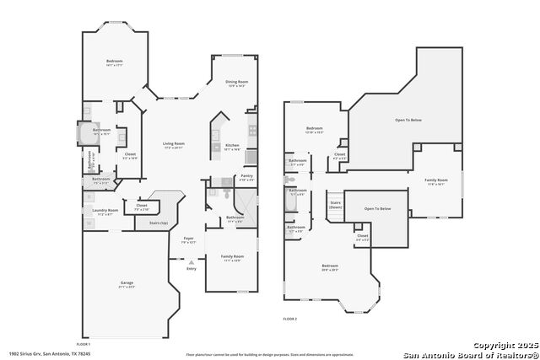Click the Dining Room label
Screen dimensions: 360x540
click(235, 82)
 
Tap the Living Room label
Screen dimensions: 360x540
click(174, 145)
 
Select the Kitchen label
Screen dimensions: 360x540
click(233, 145)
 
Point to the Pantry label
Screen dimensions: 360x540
click(246, 176)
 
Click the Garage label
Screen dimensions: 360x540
click(127, 283)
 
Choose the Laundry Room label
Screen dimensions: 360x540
click(105, 211)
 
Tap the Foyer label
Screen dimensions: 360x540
click(189, 239)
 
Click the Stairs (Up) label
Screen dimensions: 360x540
click(159, 223)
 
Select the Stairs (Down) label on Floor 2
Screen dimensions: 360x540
click(335, 204)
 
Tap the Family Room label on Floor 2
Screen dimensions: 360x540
click(436, 180)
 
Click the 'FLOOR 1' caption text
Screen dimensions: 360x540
click(84, 345)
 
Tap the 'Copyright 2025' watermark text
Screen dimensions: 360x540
click(504, 346)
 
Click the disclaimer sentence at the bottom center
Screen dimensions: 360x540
click(269, 354)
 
